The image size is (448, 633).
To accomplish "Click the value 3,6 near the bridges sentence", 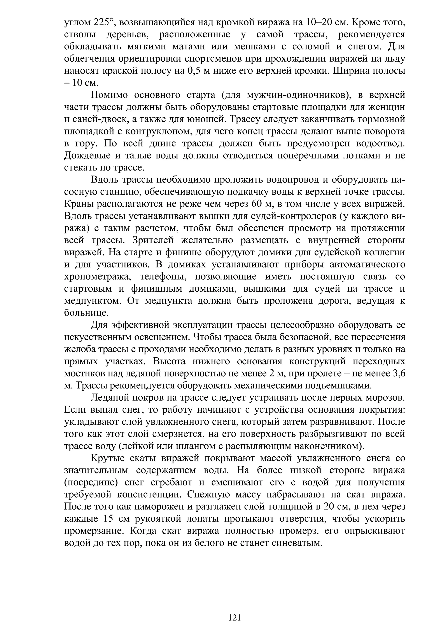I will (398, 374).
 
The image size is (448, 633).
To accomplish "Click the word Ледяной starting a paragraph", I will (110, 398).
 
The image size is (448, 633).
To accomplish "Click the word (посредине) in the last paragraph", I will (91, 483).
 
